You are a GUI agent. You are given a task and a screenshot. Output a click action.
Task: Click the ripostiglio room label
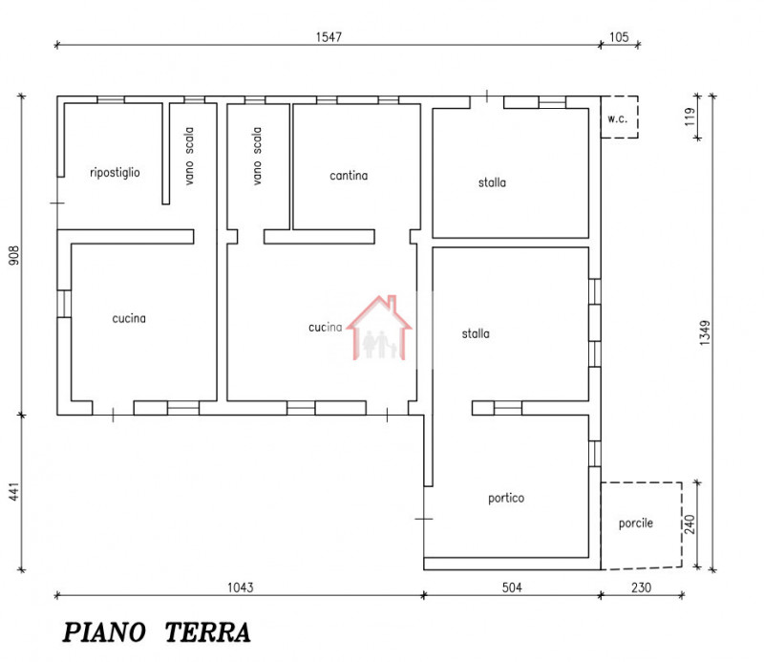[x=115, y=173]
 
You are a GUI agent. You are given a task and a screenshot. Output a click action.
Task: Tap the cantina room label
[x=349, y=176]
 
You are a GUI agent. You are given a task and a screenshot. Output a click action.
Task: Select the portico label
[x=505, y=498]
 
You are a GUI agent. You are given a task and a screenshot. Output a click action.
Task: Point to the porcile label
[x=636, y=523]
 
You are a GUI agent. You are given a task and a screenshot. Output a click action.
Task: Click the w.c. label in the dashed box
[x=616, y=119]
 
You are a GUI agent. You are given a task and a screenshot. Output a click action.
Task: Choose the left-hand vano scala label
[x=189, y=157]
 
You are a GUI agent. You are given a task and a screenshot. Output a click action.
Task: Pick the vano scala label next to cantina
[x=257, y=157]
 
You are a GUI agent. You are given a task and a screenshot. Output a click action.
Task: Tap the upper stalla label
[x=493, y=182]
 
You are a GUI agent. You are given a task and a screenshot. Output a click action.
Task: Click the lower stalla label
[x=476, y=334]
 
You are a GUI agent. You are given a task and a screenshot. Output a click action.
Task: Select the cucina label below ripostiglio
[x=129, y=319]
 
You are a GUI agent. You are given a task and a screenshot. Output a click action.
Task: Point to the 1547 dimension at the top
[x=329, y=36]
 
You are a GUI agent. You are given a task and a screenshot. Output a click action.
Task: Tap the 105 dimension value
[x=620, y=36]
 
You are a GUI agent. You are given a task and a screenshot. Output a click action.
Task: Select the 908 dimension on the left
[x=14, y=255]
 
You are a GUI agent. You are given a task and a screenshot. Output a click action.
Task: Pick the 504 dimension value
[x=512, y=587]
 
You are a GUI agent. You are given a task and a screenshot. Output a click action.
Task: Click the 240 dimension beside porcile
[x=690, y=524]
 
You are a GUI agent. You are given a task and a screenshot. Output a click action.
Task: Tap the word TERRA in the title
[x=208, y=632]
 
